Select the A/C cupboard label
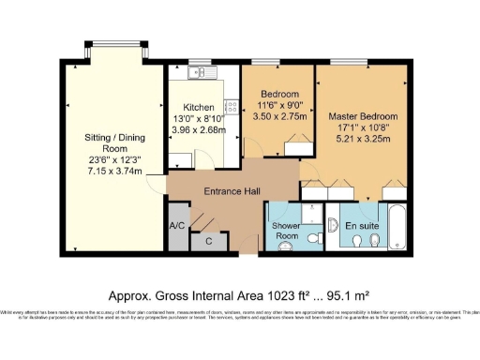pos(177,227)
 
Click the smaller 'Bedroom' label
pos(280,95)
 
